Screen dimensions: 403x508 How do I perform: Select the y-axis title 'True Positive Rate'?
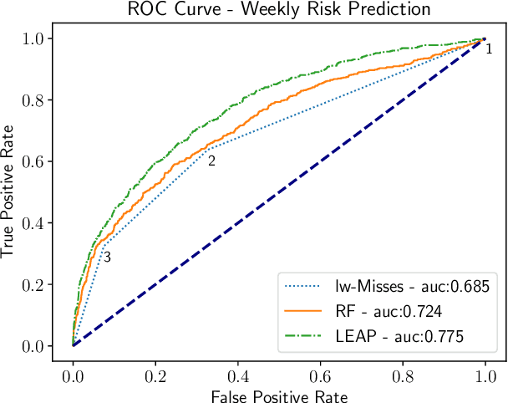click(9, 192)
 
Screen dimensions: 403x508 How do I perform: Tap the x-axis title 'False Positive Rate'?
click(278, 395)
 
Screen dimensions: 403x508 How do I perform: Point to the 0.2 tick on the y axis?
click(33, 284)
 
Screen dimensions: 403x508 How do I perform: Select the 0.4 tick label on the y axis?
click(33, 223)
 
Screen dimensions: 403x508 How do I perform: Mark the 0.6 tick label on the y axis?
click(33, 161)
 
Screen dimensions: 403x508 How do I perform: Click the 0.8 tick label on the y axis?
click(33, 100)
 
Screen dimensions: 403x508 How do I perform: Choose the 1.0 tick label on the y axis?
click(33, 38)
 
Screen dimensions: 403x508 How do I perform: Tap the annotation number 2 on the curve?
click(211, 161)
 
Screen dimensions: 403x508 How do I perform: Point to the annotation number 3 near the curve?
click(107, 258)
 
